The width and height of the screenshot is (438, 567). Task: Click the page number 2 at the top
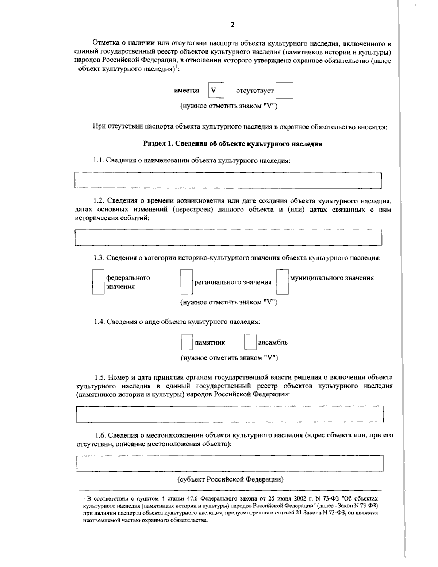pyautogui.click(x=233, y=25)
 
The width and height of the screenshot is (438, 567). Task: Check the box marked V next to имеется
pyautogui.click(x=216, y=90)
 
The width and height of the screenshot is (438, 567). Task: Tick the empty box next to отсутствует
pyautogui.click(x=284, y=91)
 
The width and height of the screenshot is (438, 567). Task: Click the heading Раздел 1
pyautogui.click(x=233, y=144)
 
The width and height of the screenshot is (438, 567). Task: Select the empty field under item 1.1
pyautogui.click(x=228, y=180)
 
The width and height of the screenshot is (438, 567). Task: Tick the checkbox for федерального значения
pyautogui.click(x=98, y=282)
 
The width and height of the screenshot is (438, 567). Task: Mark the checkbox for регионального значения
pyautogui.click(x=186, y=282)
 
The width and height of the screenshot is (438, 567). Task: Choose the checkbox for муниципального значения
pyautogui.click(x=282, y=282)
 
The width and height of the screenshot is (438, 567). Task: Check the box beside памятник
pyautogui.click(x=187, y=342)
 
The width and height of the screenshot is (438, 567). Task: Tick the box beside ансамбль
pyautogui.click(x=250, y=342)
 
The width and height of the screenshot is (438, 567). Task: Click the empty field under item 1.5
pyautogui.click(x=230, y=414)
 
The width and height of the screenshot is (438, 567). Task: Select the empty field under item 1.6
pyautogui.click(x=230, y=463)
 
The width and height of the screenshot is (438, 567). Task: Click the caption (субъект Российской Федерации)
pyautogui.click(x=230, y=480)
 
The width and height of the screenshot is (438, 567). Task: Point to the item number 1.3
pyautogui.click(x=99, y=258)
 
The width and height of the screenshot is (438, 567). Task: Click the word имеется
pyautogui.click(x=187, y=91)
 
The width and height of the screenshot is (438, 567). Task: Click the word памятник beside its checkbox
pyautogui.click(x=210, y=342)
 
